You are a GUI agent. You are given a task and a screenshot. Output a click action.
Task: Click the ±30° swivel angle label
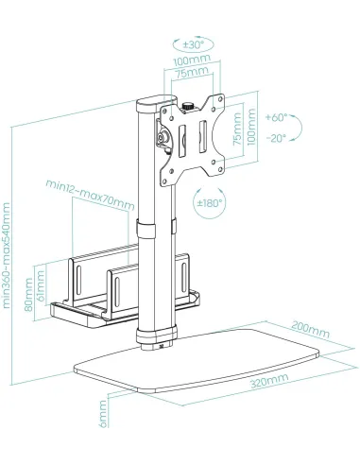point(195,44)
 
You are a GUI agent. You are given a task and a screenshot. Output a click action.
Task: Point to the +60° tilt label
point(276,118)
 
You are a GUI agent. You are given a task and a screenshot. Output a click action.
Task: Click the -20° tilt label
point(276,138)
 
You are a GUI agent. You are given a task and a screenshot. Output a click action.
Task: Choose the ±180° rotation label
point(211,202)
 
